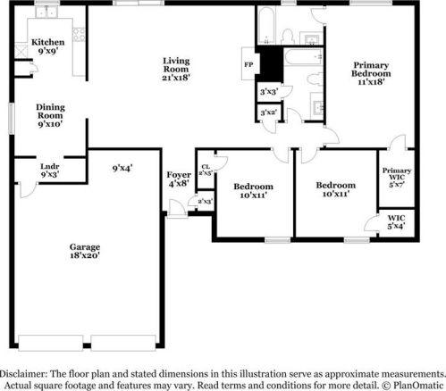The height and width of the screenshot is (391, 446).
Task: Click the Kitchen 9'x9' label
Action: [46, 47]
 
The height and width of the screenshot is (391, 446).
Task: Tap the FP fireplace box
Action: [248, 65]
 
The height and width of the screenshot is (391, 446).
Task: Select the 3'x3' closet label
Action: [267, 91]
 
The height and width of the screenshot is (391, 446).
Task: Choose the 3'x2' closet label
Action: [267, 112]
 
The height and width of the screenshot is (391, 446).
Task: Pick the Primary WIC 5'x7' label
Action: [395, 176]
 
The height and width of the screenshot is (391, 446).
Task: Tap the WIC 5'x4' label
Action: [395, 221]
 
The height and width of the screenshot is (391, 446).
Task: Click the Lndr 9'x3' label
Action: [50, 171]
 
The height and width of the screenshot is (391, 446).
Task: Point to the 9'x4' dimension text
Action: [122, 167]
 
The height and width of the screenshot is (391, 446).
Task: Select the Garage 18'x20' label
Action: [86, 251]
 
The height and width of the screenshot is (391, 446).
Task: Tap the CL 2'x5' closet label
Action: [206, 170]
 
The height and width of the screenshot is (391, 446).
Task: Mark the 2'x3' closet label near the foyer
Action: [206, 203]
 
